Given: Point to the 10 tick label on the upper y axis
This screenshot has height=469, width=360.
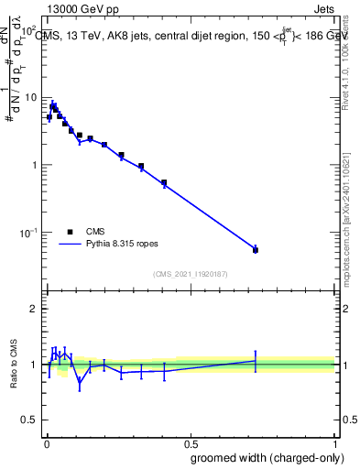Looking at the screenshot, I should pos(29,97).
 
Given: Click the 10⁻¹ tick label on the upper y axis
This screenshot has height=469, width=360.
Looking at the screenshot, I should pos(27,234).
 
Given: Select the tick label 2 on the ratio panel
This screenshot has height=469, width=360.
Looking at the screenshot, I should pos(33,309).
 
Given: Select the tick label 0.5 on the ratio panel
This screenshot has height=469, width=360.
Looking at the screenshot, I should pos(28,420).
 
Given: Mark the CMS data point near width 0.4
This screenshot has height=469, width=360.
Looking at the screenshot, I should pos(164,183).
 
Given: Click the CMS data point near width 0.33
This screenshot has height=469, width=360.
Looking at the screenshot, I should pos(141,167).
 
